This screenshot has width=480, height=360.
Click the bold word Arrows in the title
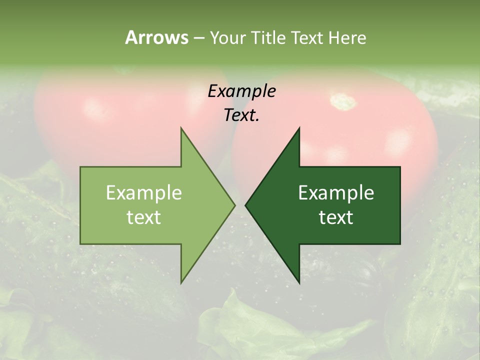point(156,37)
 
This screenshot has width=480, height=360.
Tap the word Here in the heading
point(347,37)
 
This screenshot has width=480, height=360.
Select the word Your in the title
point(227,37)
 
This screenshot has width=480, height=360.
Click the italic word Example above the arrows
point(241,91)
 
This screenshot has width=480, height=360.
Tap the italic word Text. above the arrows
point(241,115)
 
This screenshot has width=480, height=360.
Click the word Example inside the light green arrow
point(144,192)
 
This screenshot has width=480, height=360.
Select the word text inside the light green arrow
point(144,217)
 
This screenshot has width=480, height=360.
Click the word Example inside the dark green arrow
point(336,192)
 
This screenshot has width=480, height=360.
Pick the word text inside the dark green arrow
point(336,217)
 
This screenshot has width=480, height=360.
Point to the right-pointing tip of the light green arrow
point(234,205)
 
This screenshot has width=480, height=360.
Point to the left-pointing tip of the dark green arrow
point(246,205)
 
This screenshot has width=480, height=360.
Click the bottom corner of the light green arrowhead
point(181,282)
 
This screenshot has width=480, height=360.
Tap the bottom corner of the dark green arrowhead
point(299,282)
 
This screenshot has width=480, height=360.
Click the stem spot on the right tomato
point(344,101)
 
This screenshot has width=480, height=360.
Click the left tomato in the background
point(115,115)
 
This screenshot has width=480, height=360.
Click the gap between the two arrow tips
point(240,205)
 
